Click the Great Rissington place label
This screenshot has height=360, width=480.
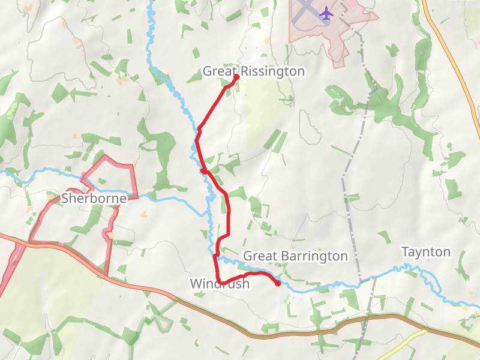coord(253,71)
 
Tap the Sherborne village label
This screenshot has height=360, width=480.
coord(94,198)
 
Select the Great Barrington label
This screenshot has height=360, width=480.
coord(295,256)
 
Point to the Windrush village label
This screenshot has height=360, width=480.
coord(219,284)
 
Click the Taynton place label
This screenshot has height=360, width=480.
coord(425,252)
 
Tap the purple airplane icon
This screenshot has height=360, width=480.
coord(326,13)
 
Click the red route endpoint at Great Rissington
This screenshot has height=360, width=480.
coord(236,77)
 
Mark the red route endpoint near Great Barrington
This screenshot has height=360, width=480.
coord(278,283)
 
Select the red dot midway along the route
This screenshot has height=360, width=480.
coord(204,171)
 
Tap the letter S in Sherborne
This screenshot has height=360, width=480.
coord(66,198)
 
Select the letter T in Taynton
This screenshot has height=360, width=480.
coord(404,252)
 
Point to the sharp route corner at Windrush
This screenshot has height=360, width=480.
coord(220,283)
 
